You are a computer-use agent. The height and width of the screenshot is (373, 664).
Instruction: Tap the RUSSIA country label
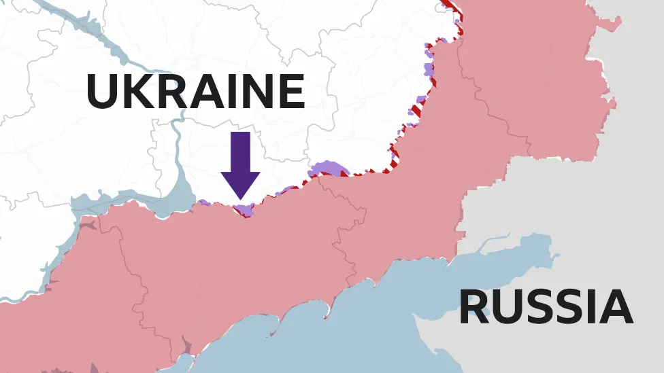pyautogui.click(x=546, y=307)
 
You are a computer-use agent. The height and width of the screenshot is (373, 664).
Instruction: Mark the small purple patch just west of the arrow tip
pyautogui.click(x=204, y=202)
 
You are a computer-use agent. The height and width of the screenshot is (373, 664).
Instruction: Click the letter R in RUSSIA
pyautogui.click(x=474, y=307)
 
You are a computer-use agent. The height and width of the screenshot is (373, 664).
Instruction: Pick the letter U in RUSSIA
pyautogui.click(x=507, y=307)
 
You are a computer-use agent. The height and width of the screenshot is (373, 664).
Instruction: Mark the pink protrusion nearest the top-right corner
pyautogui.click(x=609, y=24)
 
